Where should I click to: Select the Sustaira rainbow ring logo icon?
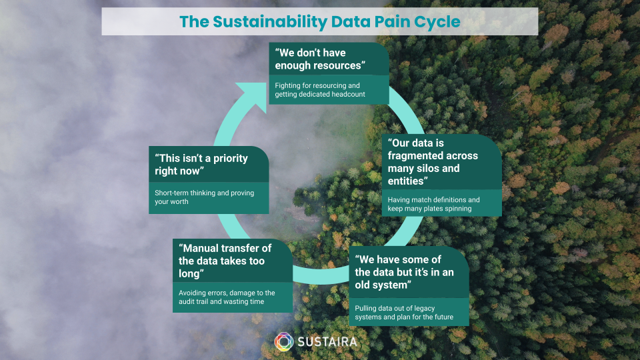click(x=284, y=341)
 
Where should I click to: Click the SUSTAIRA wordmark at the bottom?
click(x=327, y=341)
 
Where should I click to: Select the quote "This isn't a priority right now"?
click(x=201, y=165)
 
